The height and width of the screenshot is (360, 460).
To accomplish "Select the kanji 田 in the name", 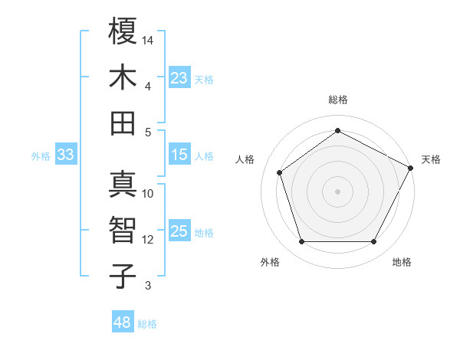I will pos(123,123).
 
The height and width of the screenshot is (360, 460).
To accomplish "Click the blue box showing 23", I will pos(179,77).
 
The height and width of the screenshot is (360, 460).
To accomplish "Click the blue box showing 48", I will pos(123,322).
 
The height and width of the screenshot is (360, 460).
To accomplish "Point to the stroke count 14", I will pos(149,40).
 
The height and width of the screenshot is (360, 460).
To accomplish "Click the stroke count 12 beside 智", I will pos(148,240).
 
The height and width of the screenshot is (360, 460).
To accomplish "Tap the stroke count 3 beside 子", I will pos(148,286).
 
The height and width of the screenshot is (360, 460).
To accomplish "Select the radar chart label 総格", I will pos(338,100).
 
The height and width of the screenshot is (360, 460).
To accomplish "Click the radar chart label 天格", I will pos(431,159).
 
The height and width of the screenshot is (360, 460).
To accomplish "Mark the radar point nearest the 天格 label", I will pos(412,168).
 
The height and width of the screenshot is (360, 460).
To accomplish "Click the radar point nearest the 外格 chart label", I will pos(301,242).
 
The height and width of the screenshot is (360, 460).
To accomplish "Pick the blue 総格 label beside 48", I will pos(147,324).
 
